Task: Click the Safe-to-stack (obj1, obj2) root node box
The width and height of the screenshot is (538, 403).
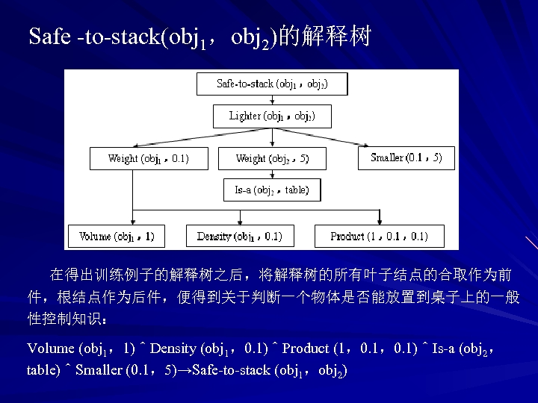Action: click(272, 84)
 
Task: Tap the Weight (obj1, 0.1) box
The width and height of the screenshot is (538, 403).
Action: click(148, 158)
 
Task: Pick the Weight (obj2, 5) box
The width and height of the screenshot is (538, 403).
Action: click(271, 158)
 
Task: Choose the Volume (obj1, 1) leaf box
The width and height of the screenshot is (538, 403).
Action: click(117, 237)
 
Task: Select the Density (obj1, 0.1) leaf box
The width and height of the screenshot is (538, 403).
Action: click(239, 237)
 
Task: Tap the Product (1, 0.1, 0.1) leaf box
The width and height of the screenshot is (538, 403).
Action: click(379, 237)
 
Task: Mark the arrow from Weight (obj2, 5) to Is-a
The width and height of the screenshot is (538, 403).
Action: click(272, 174)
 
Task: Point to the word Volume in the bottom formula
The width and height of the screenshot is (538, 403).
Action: click(51, 349)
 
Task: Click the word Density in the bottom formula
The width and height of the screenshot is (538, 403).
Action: click(177, 349)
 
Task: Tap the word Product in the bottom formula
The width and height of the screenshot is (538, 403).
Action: click(306, 349)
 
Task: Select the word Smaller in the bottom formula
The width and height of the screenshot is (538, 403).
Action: click(99, 370)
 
